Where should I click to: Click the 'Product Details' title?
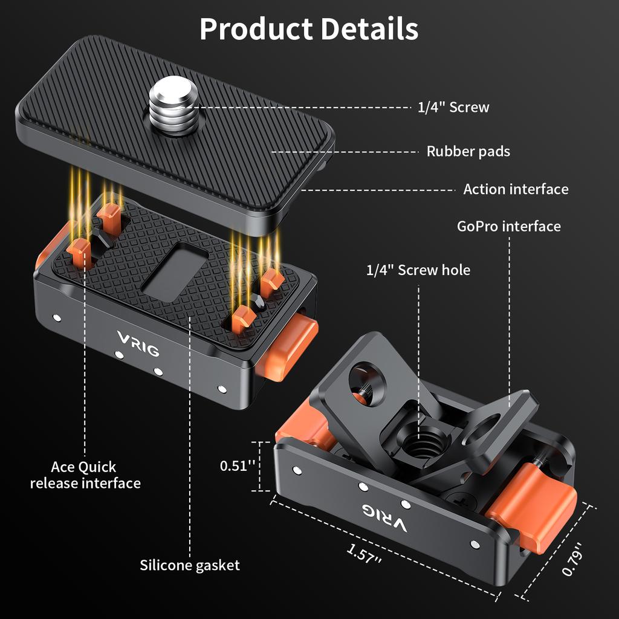(x=309, y=29)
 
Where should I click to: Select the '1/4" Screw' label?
(x=453, y=108)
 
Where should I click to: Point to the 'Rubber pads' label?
(x=468, y=151)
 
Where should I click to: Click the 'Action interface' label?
(x=516, y=189)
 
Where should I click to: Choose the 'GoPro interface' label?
(x=509, y=227)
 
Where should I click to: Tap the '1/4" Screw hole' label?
(x=418, y=270)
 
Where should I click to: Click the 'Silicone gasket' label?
(x=190, y=565)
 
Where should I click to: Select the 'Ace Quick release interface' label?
(x=85, y=475)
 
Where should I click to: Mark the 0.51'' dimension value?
(x=237, y=466)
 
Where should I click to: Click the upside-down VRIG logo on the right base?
(x=384, y=516)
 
